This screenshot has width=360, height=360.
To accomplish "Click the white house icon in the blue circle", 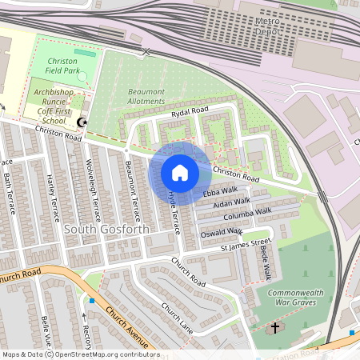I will [x=180, y=172].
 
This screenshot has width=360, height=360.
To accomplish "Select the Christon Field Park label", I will [x=68, y=66].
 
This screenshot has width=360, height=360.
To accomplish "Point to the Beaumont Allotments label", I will [x=146, y=96].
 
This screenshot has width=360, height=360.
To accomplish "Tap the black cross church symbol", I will [x=275, y=328].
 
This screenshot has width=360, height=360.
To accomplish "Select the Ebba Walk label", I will [x=220, y=192].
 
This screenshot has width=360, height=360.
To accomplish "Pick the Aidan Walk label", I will [x=232, y=204].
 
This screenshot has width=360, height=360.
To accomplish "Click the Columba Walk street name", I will [x=247, y=214].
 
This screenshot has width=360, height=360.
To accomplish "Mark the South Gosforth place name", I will [x=106, y=230].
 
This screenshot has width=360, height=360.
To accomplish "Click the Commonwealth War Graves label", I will [x=296, y=298].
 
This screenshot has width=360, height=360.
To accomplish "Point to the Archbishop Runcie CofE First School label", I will [x=60, y=104].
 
